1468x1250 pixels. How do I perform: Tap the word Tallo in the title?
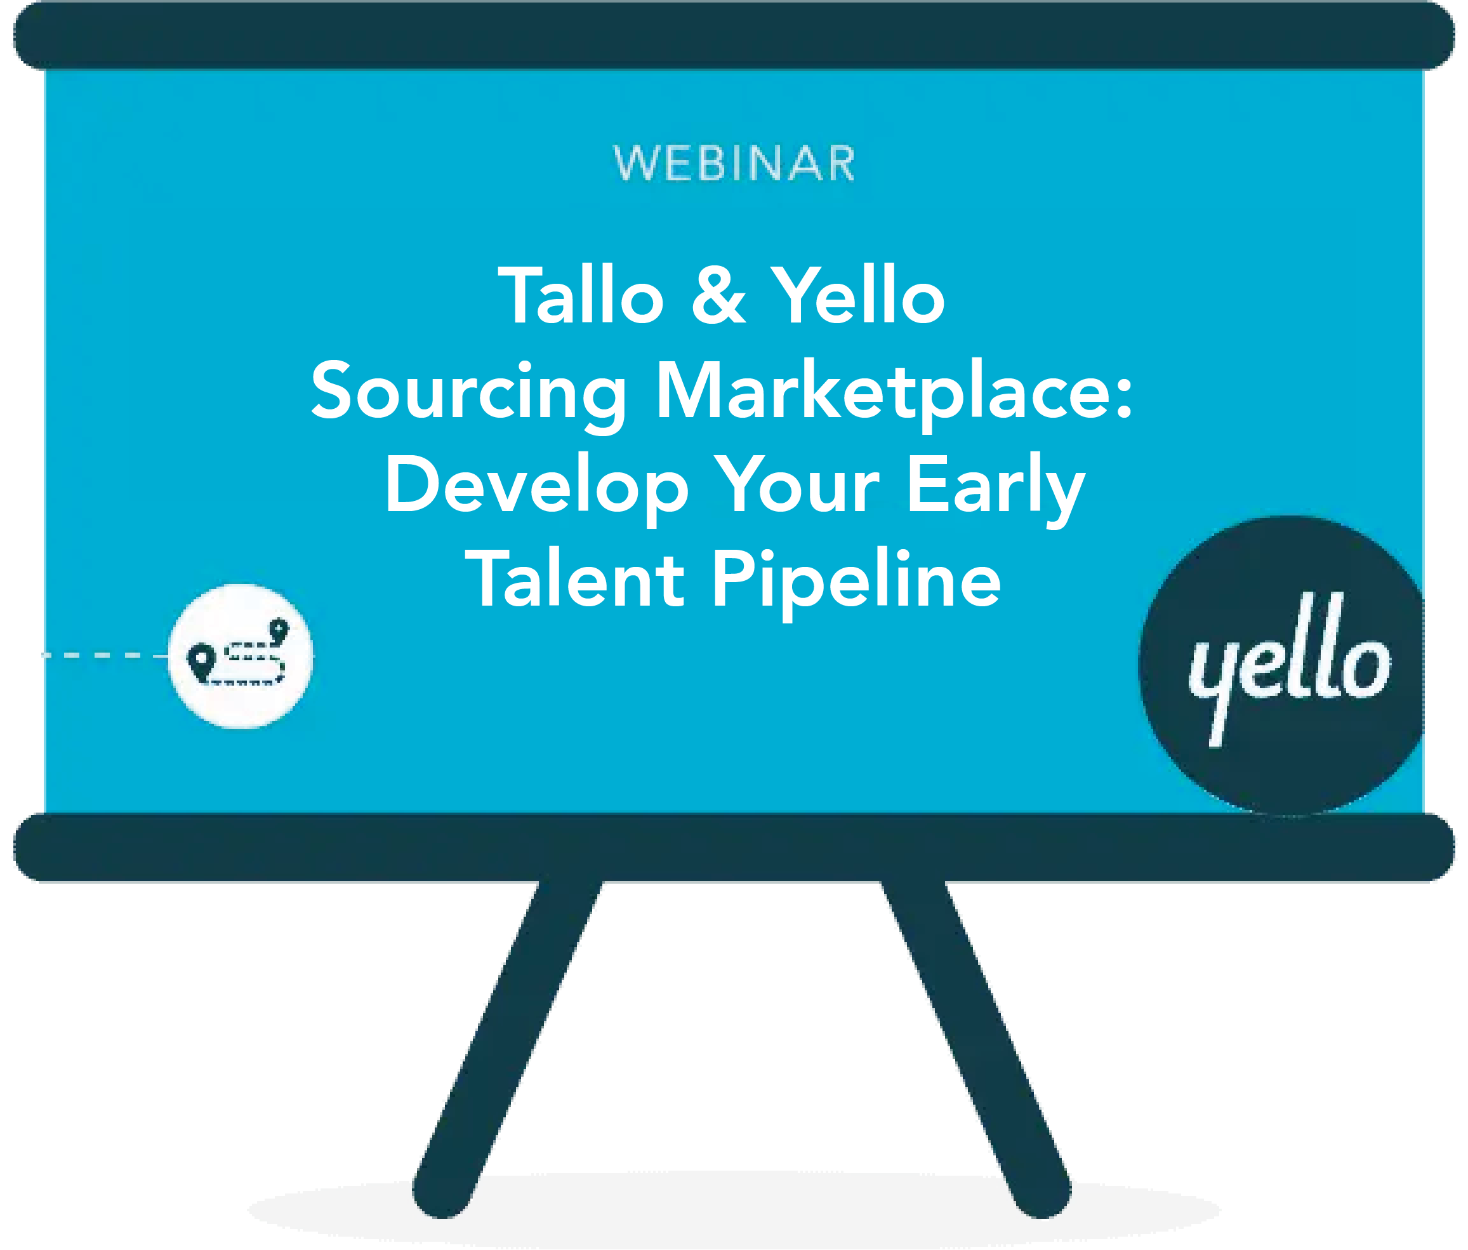(x=581, y=295)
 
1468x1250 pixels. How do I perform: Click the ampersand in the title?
(x=718, y=295)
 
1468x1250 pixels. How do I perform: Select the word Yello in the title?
(x=858, y=295)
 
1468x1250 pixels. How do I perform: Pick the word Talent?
(x=574, y=578)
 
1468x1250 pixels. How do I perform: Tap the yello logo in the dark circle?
(x=1288, y=666)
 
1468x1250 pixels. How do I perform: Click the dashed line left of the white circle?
(x=105, y=655)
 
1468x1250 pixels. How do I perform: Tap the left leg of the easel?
(x=507, y=1049)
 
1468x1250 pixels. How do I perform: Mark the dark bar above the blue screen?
(x=734, y=36)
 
